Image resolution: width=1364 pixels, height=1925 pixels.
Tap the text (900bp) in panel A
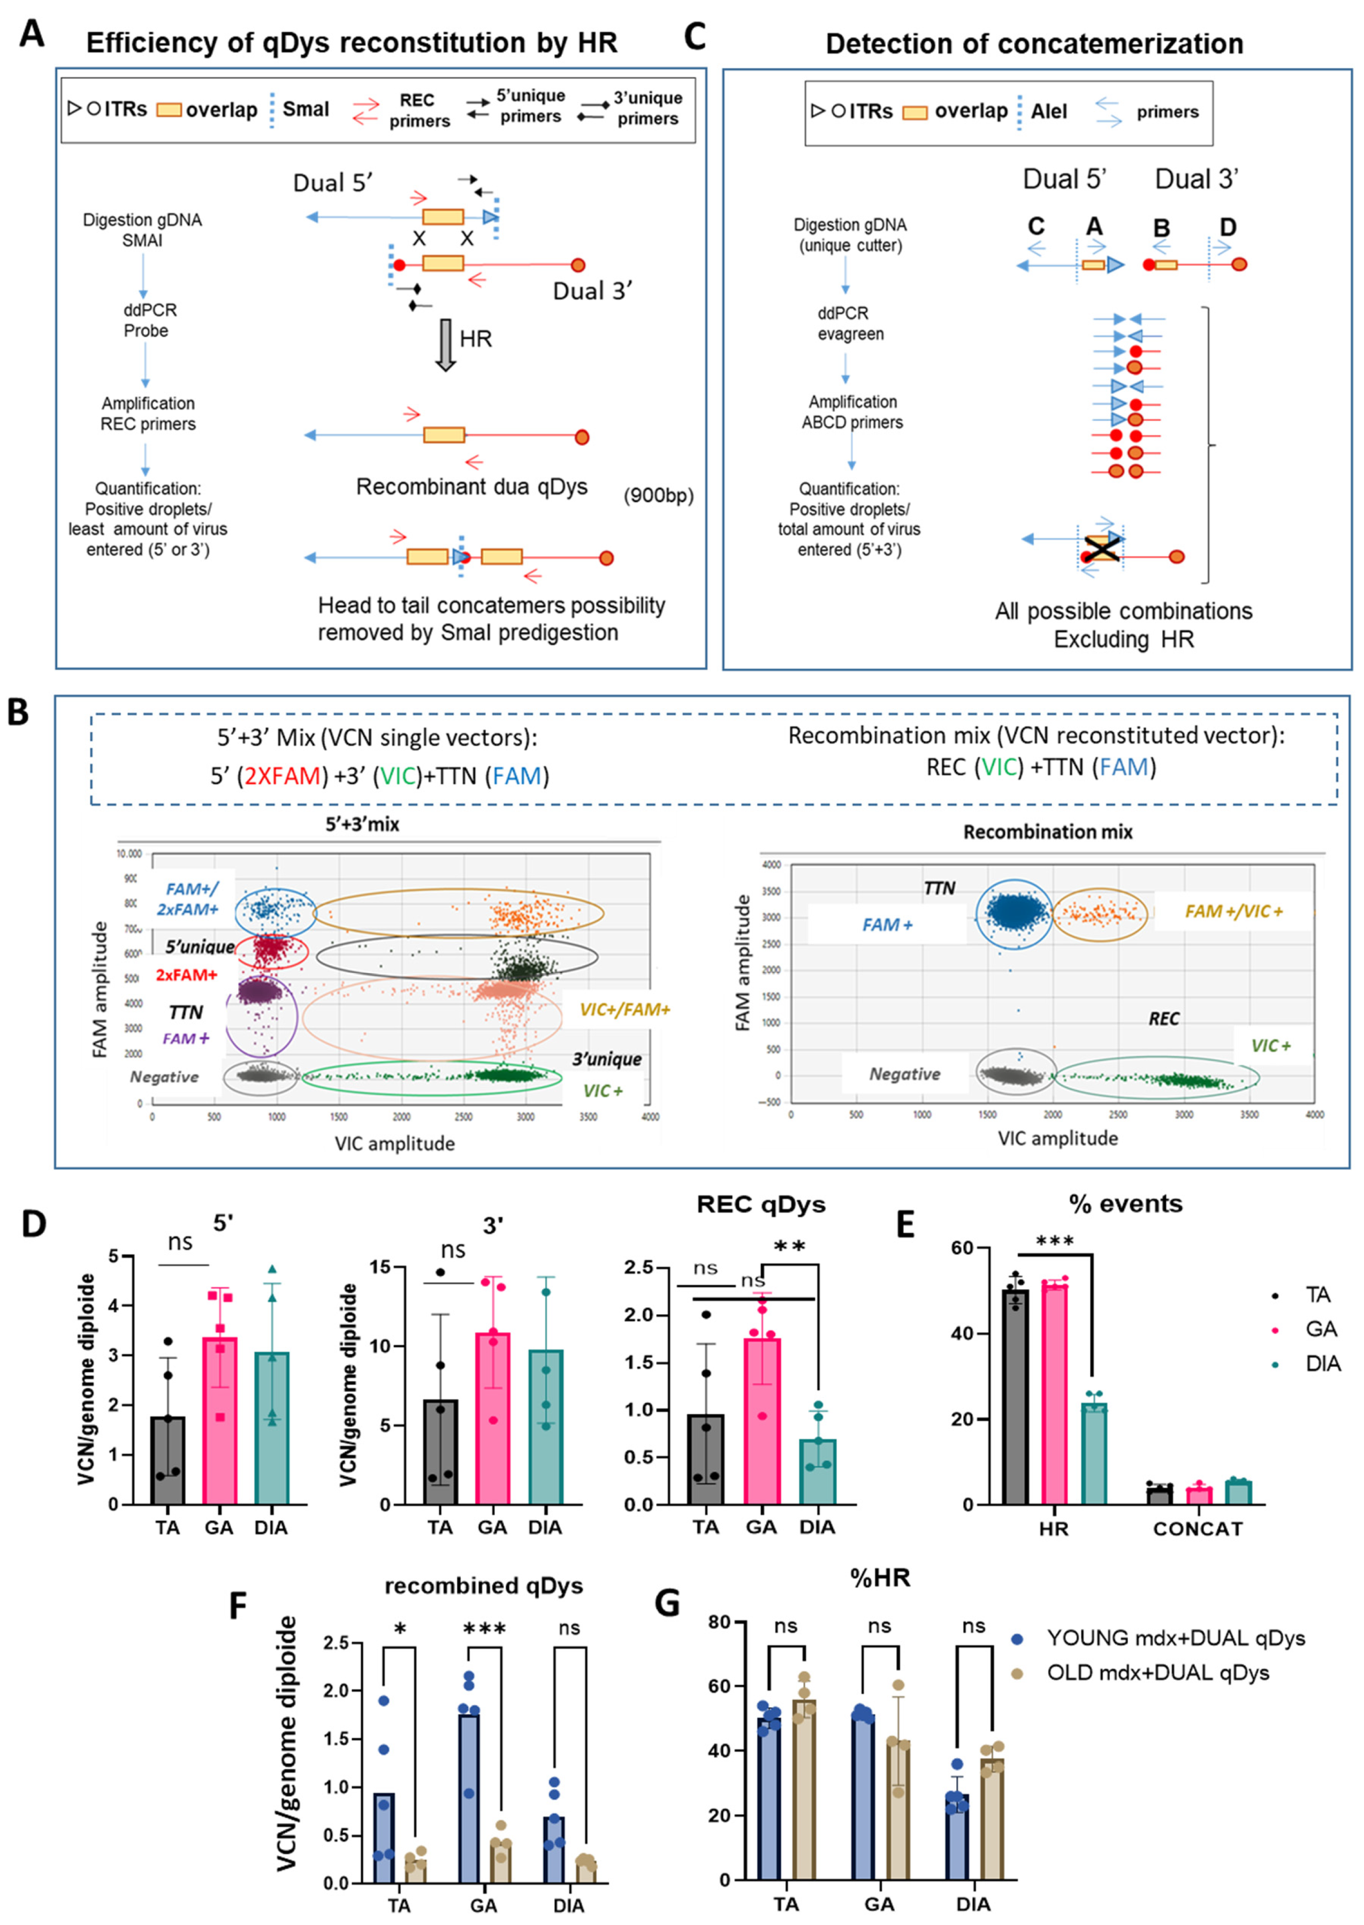click(x=659, y=496)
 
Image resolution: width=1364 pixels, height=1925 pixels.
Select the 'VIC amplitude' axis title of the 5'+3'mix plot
click(x=395, y=1143)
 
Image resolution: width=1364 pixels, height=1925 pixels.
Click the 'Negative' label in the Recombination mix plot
click(x=904, y=1074)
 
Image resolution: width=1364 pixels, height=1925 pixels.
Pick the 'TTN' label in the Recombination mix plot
click(x=939, y=888)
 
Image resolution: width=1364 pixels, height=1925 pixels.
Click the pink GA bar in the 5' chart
click(x=220, y=1420)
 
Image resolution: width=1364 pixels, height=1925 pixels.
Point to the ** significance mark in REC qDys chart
click(x=789, y=1247)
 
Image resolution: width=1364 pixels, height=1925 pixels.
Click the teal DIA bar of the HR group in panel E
click(x=1094, y=1453)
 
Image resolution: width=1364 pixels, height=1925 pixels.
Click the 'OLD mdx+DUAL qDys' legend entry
click(x=1157, y=1672)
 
